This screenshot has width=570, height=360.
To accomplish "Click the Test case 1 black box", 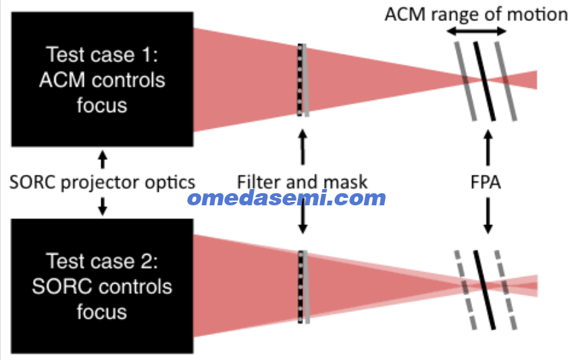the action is [x=102, y=79].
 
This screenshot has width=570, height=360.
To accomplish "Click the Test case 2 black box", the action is [x=102, y=286].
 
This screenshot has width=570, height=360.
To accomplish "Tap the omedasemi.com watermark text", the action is [x=287, y=198].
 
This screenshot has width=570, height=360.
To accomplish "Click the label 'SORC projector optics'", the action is [x=102, y=182].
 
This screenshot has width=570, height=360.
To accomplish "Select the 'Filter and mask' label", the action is [x=302, y=182].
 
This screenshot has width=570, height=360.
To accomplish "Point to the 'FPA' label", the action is [x=486, y=182].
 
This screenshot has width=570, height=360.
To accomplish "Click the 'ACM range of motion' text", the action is [x=476, y=15].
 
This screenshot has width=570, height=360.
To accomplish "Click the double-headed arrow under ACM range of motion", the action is [x=476, y=31].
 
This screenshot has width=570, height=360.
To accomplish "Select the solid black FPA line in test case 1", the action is [x=484, y=81].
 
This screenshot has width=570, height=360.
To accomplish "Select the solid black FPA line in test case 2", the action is [x=484, y=290].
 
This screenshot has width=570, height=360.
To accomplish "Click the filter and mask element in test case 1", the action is [x=303, y=80].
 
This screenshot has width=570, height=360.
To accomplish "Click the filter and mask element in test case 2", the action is [x=303, y=287].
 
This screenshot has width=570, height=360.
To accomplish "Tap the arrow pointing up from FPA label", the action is [x=488, y=148].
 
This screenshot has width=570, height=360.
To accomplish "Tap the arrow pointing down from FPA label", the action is [x=488, y=215].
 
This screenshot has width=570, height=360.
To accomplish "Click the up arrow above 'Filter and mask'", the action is [x=303, y=147].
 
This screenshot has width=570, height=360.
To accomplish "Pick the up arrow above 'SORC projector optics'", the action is [x=103, y=159].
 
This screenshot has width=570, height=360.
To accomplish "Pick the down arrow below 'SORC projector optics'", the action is [x=103, y=206].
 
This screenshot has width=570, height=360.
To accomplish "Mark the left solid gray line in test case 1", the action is [x=465, y=82].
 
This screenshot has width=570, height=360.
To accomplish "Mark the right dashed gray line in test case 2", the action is [x=506, y=290].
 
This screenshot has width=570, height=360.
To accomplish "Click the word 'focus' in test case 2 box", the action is [x=102, y=312].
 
